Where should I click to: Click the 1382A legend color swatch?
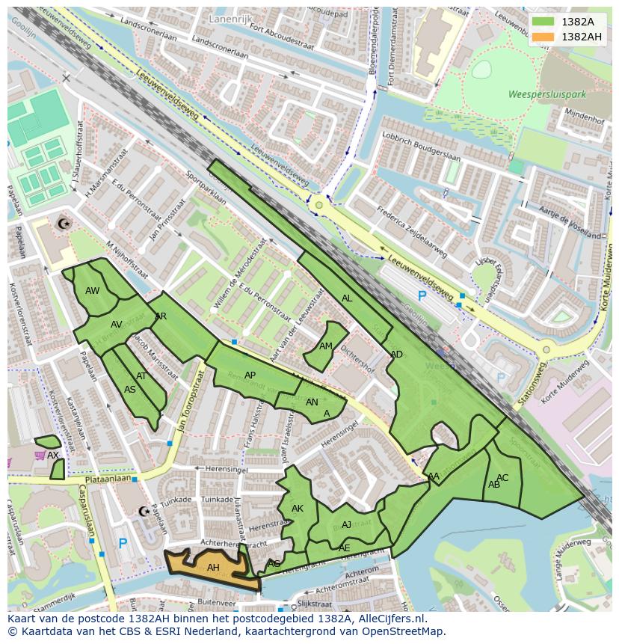(x=543, y=22)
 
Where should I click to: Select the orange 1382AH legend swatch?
(x=543, y=37)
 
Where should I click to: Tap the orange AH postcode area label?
(x=213, y=568)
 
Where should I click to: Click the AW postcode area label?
(x=93, y=291)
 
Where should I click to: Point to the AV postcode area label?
(x=117, y=325)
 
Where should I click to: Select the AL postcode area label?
(x=347, y=298)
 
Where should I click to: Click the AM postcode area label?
(x=326, y=346)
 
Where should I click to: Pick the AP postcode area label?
(x=250, y=375)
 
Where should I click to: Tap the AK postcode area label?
(x=298, y=509)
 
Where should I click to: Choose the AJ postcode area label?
(x=346, y=525)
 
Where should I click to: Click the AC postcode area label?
(x=502, y=478)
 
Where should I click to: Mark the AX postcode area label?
(x=52, y=455)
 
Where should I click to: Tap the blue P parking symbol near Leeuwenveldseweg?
(x=422, y=296)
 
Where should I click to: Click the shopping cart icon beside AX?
(x=39, y=455)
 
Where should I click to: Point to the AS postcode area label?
(x=130, y=389)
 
